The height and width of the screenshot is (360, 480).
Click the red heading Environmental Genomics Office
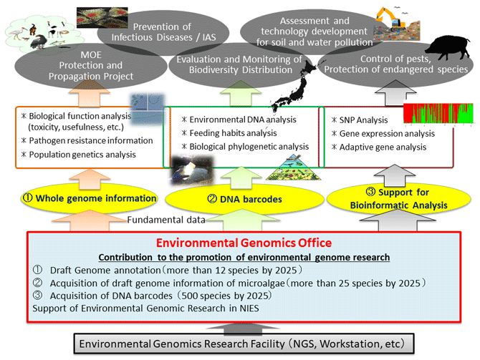coord(244,243)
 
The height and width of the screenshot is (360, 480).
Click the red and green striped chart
coord(438,113)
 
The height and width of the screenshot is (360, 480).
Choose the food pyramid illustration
coord(293,167)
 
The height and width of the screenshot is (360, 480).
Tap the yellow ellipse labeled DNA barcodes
coord(244,200)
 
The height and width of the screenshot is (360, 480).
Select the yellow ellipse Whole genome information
coord(90,198)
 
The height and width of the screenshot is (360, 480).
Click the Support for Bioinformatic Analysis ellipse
coord(398,199)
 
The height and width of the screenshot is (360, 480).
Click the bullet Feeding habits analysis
coord(229,133)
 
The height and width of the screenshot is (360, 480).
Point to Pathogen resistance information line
coord(87,141)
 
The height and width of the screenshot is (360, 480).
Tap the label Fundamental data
coord(166,220)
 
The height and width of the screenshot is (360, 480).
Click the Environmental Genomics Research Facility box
coord(244,344)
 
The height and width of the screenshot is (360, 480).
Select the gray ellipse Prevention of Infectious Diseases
coord(163,32)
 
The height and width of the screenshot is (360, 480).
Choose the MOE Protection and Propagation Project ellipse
coord(90,65)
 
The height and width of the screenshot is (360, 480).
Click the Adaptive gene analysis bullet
coord(379,147)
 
